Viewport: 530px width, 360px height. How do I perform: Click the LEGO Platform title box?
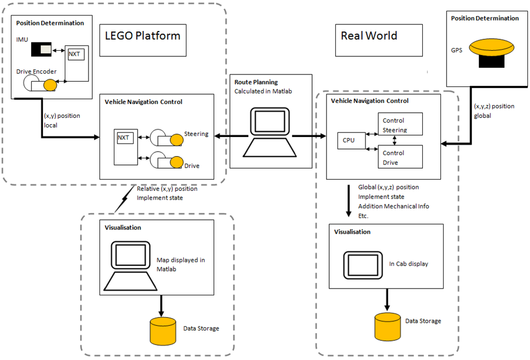coord(143,36)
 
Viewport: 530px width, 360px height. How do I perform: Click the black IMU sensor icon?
coord(41,50)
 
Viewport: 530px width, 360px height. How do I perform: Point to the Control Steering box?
coord(400,125)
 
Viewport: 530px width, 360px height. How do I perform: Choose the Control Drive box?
coord(400,156)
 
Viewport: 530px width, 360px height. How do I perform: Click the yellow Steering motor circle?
coord(176,139)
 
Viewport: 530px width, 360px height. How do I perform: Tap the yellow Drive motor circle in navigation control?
coord(176,162)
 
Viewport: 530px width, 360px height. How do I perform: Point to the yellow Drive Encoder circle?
coord(50,85)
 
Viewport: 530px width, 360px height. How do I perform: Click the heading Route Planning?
coord(256,82)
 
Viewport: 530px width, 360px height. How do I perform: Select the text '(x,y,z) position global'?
coord(494,111)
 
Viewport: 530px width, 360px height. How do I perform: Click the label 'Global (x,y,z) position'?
coord(388,187)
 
